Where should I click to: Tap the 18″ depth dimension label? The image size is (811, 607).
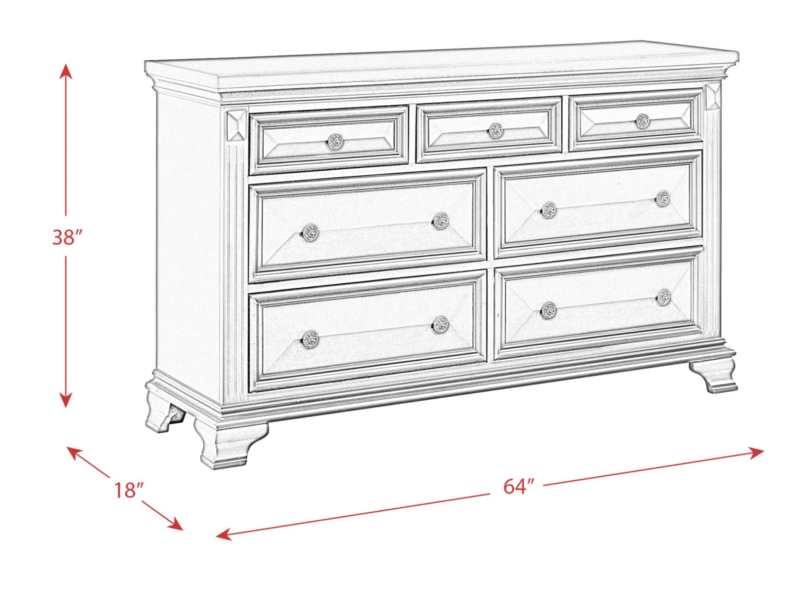[x=128, y=490]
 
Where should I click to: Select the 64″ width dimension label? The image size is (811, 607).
[x=519, y=486]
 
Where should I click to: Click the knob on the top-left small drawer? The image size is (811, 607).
[x=336, y=141]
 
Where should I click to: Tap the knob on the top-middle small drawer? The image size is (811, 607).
[x=495, y=130]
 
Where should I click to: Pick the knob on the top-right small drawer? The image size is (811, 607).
[x=643, y=121]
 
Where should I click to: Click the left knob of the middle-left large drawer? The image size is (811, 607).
[x=310, y=233]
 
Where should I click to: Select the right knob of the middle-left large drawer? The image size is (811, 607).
[x=440, y=221]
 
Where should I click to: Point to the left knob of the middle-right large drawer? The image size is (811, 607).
[x=548, y=210]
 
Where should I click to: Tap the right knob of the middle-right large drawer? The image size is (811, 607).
[x=663, y=199]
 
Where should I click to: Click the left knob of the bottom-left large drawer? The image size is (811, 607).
[x=310, y=338]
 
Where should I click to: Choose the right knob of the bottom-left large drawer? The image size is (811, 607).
[x=440, y=324]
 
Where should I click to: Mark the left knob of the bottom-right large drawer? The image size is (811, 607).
[x=548, y=310]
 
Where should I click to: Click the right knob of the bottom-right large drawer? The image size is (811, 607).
[x=663, y=297]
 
